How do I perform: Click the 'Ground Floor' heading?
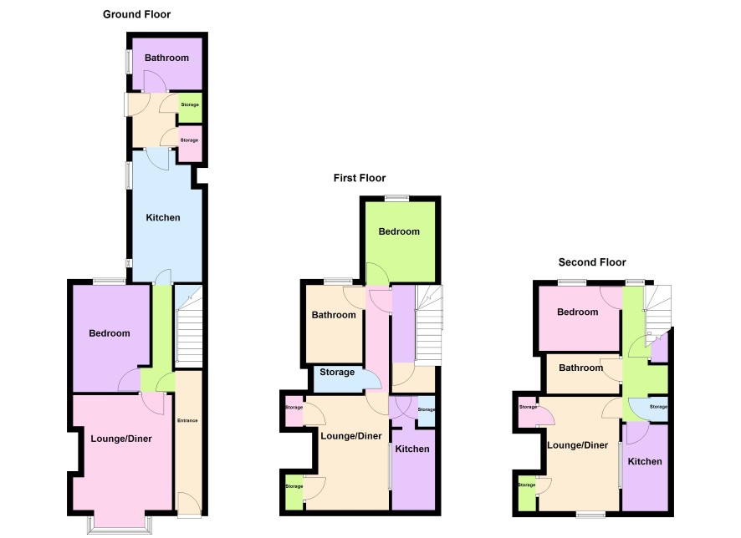coord(136,15)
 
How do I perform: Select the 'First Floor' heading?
coord(360,178)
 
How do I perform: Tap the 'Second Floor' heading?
coord(592,262)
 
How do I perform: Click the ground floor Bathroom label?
coord(166,58)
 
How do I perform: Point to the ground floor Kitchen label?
coord(163,217)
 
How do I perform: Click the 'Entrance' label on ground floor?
coord(187,420)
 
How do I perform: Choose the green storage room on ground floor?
coord(190,108)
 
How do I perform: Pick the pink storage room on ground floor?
coord(190,144)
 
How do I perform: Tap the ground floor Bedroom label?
coord(110,333)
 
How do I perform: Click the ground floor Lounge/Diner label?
coord(121,439)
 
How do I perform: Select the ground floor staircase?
coord(188,326)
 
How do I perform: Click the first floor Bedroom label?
coord(399,231)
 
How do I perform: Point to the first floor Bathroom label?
coord(334,315)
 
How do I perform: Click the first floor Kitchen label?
coord(412,449)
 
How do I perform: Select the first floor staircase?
coord(429,325)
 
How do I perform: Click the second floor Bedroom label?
coord(577,312)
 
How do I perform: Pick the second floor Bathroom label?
coord(581,368)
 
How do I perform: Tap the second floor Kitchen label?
coord(645,461)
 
